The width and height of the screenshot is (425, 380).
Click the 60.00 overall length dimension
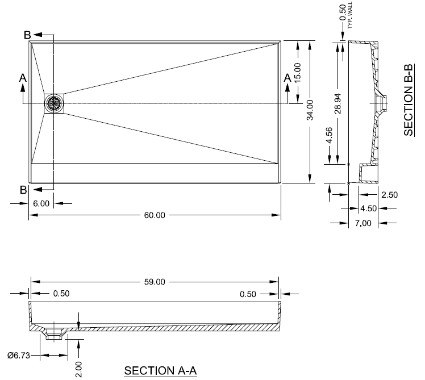pyautogui.click(x=155, y=215)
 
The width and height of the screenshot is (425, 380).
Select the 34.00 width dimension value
pyautogui.click(x=310, y=110)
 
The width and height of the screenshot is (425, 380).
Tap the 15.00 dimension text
pyautogui.click(x=298, y=73)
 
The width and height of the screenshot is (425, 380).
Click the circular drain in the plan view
pyautogui.click(x=55, y=103)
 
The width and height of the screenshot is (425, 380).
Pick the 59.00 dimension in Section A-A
pyautogui.click(x=155, y=282)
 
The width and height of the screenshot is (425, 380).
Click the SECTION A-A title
pyautogui.click(x=160, y=371)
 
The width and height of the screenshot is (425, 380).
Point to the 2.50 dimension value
pyautogui.click(x=390, y=195)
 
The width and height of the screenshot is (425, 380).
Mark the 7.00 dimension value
pyautogui.click(x=363, y=224)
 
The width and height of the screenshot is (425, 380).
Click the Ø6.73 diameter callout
pyautogui.click(x=18, y=356)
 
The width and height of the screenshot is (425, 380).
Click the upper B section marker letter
pyautogui.click(x=27, y=35)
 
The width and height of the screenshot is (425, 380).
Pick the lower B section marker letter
pyautogui.click(x=23, y=190)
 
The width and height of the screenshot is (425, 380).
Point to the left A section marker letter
pyautogui.click(x=23, y=77)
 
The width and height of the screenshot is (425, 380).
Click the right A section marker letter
pyautogui.click(x=287, y=77)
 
